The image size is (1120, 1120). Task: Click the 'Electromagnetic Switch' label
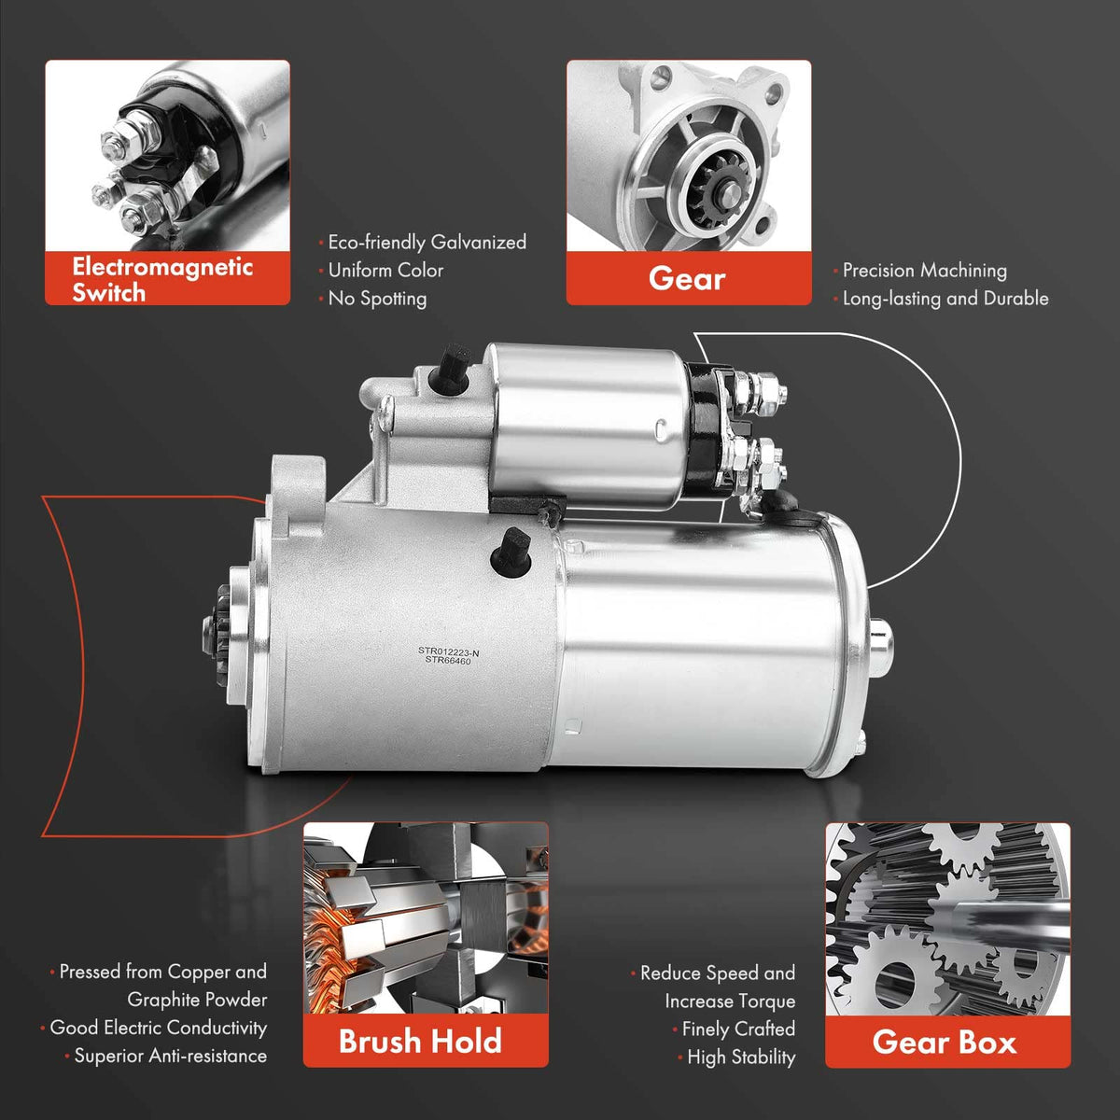(162, 280)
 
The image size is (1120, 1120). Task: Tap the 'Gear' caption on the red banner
(687, 278)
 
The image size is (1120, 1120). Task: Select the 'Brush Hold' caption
(420, 1041)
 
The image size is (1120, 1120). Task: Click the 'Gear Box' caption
(945, 1042)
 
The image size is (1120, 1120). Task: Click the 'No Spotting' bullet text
(377, 299)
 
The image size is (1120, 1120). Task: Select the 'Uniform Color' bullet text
(385, 271)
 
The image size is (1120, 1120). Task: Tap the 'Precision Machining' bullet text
(925, 271)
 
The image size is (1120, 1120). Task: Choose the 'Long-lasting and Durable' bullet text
(945, 299)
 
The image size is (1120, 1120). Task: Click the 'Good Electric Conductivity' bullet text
(158, 1028)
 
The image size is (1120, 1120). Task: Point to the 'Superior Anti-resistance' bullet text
(170, 1056)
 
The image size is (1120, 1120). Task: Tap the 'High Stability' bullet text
(741, 1057)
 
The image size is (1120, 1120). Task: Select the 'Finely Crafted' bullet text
(738, 1029)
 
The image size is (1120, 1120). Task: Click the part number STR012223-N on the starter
(448, 651)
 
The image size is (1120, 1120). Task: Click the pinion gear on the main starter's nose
(217, 633)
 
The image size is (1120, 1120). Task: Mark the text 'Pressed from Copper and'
(162, 972)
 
